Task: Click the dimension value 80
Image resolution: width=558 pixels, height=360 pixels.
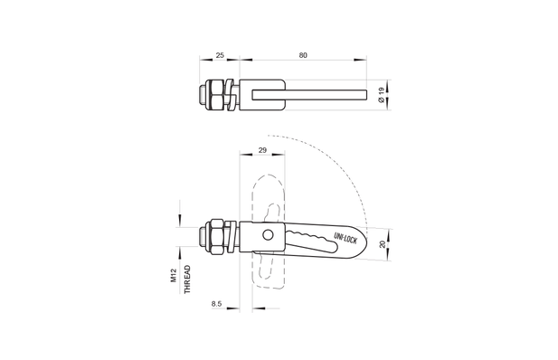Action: pos(302,56)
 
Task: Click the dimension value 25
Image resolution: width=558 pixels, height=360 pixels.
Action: pos(219,56)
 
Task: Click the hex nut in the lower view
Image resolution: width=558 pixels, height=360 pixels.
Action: pos(220,236)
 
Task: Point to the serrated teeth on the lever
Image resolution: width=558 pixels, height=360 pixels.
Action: pos(312,237)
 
